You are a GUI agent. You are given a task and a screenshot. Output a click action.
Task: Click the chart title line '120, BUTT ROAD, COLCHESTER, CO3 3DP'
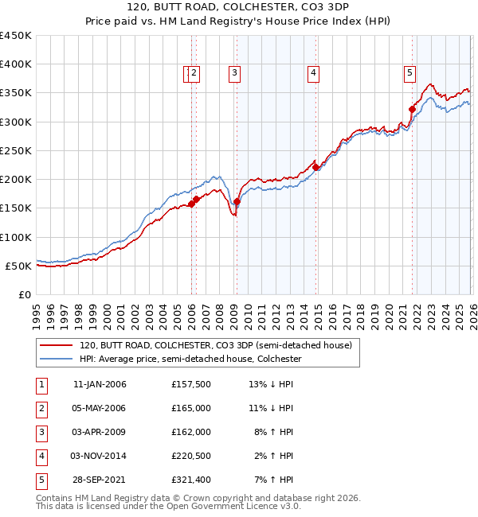point(238,9)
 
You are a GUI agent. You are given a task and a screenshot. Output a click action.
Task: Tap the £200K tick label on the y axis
point(16,179)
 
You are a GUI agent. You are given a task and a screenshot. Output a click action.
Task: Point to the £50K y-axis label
point(19,266)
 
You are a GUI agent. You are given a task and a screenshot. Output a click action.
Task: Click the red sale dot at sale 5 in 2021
point(412,109)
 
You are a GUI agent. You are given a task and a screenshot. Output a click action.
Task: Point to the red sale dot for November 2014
point(315,167)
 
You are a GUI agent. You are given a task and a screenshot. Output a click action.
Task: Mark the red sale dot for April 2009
point(237,201)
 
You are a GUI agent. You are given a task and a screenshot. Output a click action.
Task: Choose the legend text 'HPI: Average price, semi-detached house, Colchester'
point(190,359)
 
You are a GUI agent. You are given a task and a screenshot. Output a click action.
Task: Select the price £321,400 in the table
point(191,480)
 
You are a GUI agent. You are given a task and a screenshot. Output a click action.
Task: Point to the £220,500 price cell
point(191,456)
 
